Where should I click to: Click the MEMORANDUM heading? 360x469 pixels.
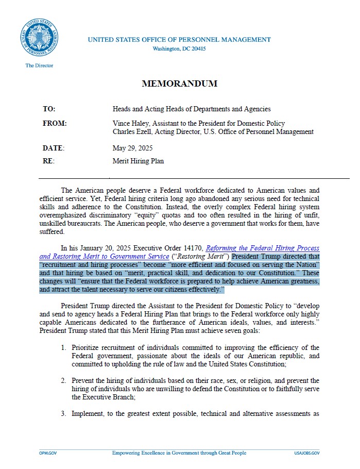(179, 83)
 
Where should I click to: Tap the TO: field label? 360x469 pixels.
(49, 109)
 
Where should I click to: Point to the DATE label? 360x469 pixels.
(53, 148)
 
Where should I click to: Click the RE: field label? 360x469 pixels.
(48, 161)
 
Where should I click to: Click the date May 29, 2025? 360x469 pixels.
(132, 148)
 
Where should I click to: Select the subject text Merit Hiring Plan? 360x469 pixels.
(138, 161)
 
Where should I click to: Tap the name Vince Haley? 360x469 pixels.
(131, 124)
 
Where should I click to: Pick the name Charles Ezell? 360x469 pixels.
(133, 131)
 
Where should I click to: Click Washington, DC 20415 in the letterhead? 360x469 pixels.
(179, 49)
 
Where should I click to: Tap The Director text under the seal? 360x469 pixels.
(39, 66)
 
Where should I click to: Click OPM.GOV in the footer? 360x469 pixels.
(47, 453)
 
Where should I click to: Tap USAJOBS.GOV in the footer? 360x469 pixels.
(307, 453)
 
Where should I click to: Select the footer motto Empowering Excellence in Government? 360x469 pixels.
(179, 453)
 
